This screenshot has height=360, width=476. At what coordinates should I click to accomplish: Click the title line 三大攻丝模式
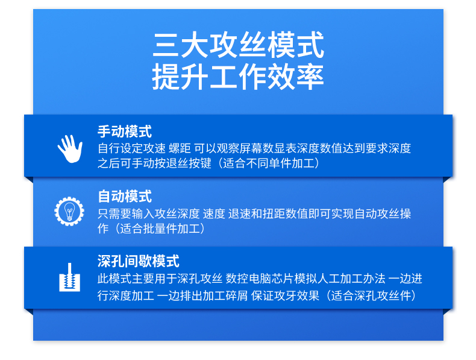(x=239, y=45)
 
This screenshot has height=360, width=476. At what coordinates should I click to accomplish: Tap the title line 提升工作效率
(x=239, y=77)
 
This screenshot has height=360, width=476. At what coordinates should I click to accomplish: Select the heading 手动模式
(x=125, y=131)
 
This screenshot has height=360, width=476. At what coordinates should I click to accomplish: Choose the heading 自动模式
(x=125, y=196)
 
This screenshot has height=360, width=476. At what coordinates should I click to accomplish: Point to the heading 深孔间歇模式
(x=139, y=261)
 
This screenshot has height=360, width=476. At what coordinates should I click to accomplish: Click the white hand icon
(x=70, y=148)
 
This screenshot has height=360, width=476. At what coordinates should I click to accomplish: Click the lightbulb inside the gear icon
(x=69, y=211)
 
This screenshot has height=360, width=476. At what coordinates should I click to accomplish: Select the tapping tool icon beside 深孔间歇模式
(x=69, y=277)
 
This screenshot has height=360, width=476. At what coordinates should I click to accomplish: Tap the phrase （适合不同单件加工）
(x=269, y=163)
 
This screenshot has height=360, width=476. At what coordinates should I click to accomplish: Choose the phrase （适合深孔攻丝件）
(x=371, y=295)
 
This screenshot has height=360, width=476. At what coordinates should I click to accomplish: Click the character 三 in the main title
(x=166, y=45)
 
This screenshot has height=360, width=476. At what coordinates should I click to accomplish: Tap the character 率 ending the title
(x=310, y=77)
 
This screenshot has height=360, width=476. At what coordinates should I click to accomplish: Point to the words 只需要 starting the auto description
(x=114, y=213)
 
